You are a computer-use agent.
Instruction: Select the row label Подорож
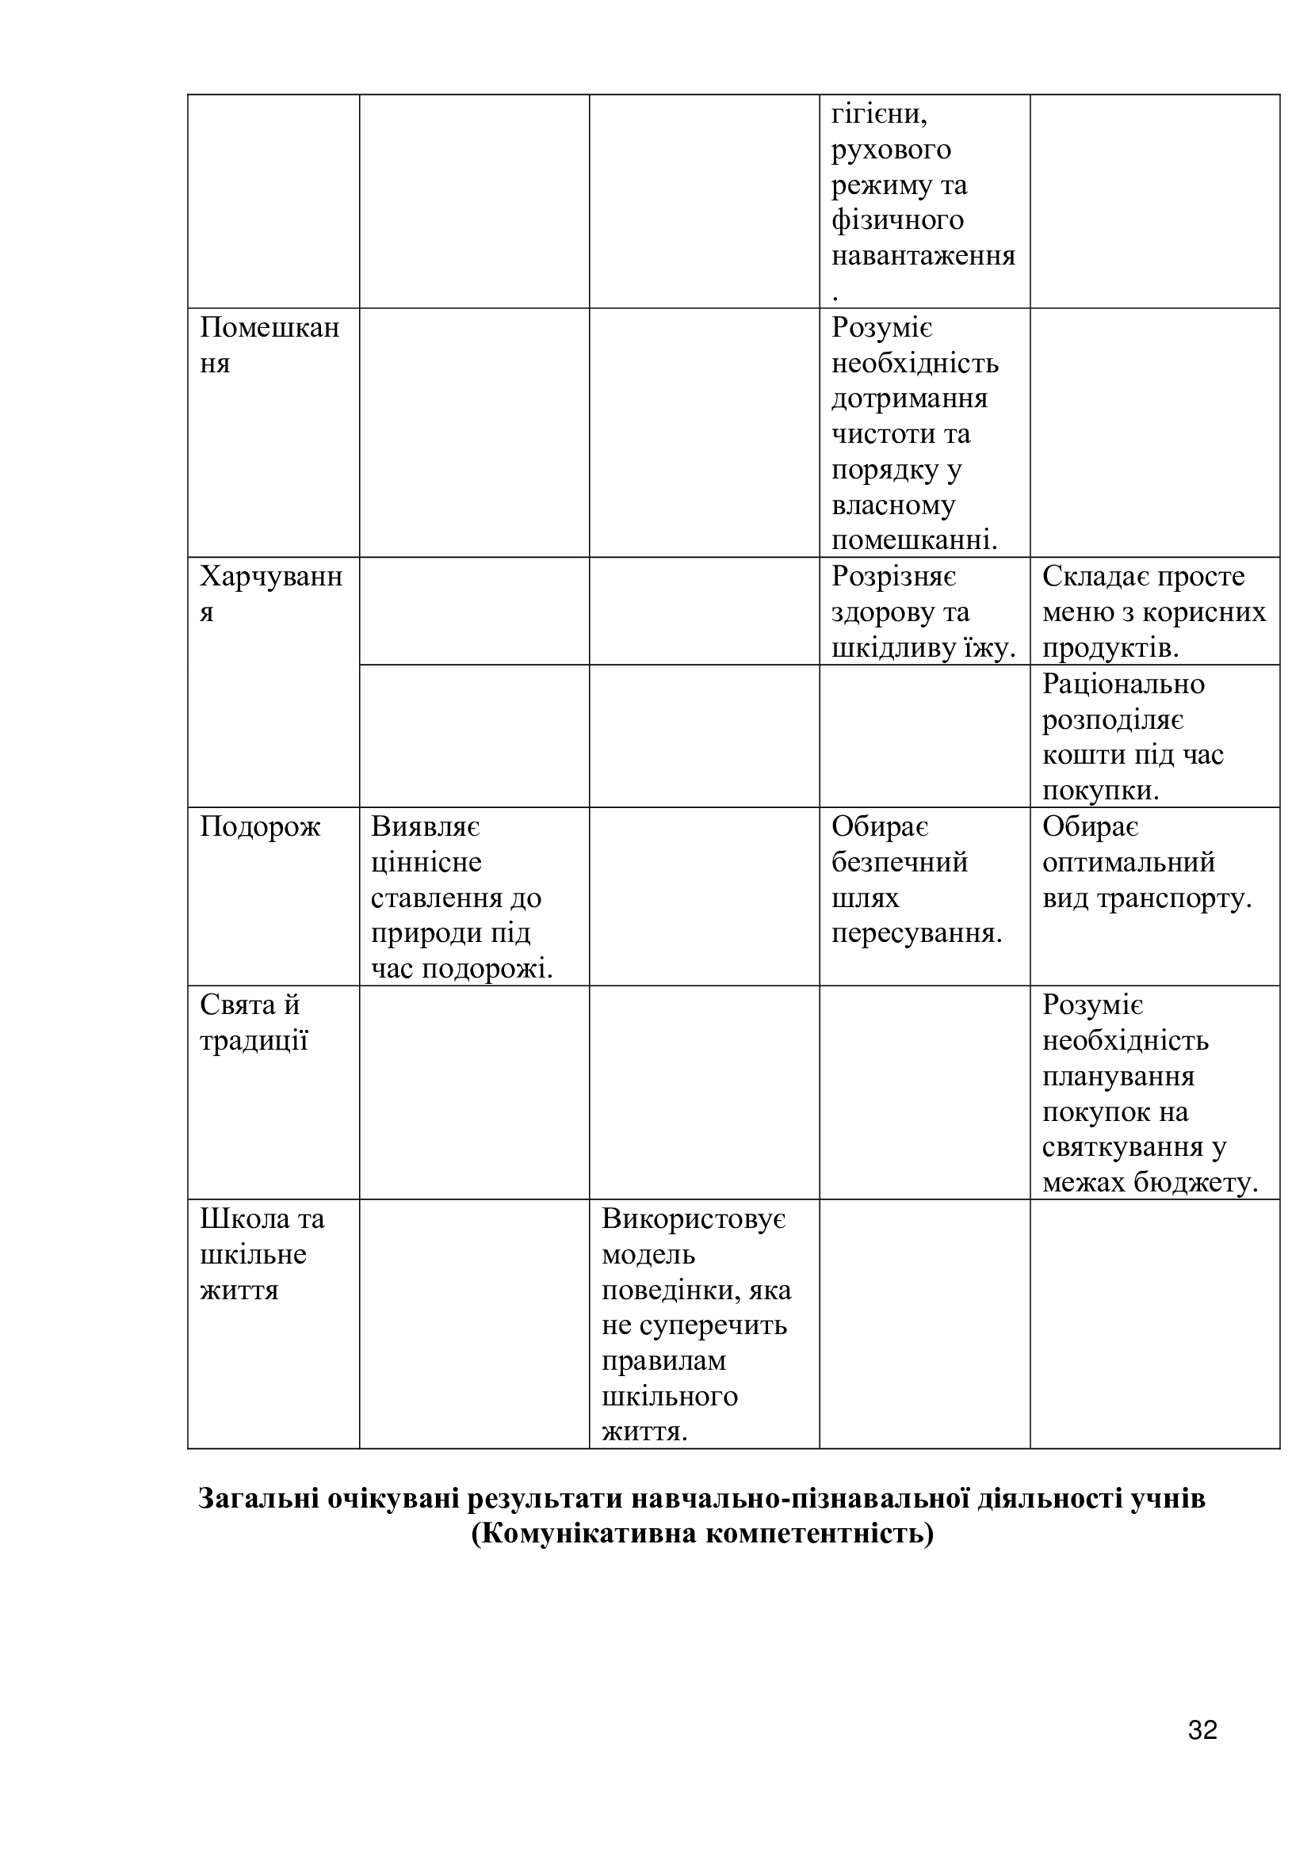coord(260,826)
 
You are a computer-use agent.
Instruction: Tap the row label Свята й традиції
coord(254,1023)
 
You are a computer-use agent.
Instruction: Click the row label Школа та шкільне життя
coord(262,1253)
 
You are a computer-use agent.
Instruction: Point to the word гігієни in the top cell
coord(878,114)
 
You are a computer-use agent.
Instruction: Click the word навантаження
coord(923,256)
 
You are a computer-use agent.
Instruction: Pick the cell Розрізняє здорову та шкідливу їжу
coord(923,612)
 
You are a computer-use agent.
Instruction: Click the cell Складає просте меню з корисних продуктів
coord(1153,612)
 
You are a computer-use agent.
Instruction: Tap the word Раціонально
coord(1123,684)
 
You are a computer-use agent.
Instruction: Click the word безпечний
coord(900,862)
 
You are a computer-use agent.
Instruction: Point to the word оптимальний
coord(1128,862)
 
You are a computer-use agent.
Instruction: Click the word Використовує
coord(694,1218)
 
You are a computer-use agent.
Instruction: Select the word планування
coord(1118,1077)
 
